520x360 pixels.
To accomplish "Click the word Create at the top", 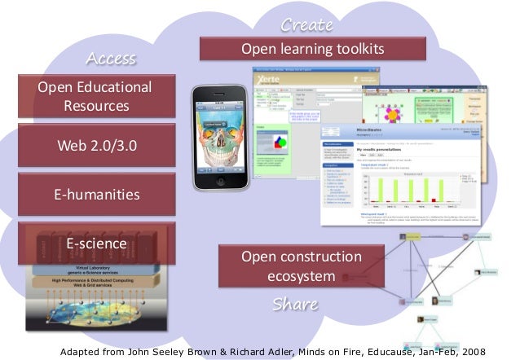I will point(306,26).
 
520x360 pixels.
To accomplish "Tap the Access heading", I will point(111,59).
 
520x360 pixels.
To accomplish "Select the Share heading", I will point(294,305).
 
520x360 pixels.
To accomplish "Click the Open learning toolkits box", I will point(312,50).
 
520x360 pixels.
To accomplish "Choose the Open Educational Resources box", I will point(96,96).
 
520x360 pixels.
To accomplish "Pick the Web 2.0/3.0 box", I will point(96,146).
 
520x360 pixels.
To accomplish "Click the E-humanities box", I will point(96,195).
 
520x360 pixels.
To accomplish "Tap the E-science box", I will point(96,244).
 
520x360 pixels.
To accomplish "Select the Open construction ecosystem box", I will point(301,267).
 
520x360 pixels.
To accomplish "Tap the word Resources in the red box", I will point(96,106).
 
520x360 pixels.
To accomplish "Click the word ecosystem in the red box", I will point(301,277).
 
